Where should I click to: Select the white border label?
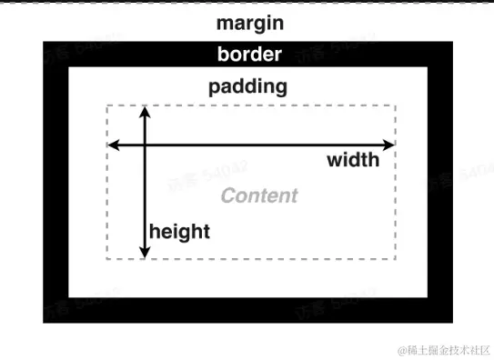249,55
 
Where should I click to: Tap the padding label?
247,87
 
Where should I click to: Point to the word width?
353,161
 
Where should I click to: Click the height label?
179,231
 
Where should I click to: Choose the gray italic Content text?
259,195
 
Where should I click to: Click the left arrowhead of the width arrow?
112,145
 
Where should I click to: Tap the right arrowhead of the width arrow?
391,145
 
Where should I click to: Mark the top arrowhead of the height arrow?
144,111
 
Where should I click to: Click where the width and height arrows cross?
144,145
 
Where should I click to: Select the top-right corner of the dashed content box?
396,105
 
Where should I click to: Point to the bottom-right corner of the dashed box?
396,259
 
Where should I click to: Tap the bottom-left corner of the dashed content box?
107,259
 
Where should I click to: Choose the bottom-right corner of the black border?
451,322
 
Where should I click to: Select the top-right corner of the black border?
451,43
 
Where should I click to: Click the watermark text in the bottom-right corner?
446,350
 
